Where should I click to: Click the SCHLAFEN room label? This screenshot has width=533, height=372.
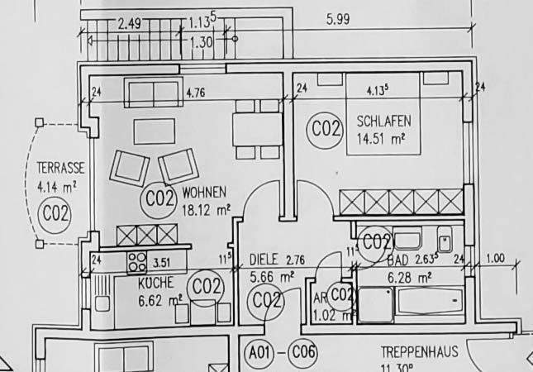coord(383,122)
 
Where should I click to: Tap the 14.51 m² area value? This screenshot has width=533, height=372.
coord(381,138)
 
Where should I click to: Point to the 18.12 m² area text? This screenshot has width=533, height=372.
coord(205,210)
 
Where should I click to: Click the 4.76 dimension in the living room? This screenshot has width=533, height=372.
coord(196,93)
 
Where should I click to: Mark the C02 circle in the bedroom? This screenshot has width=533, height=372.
coord(326,130)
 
